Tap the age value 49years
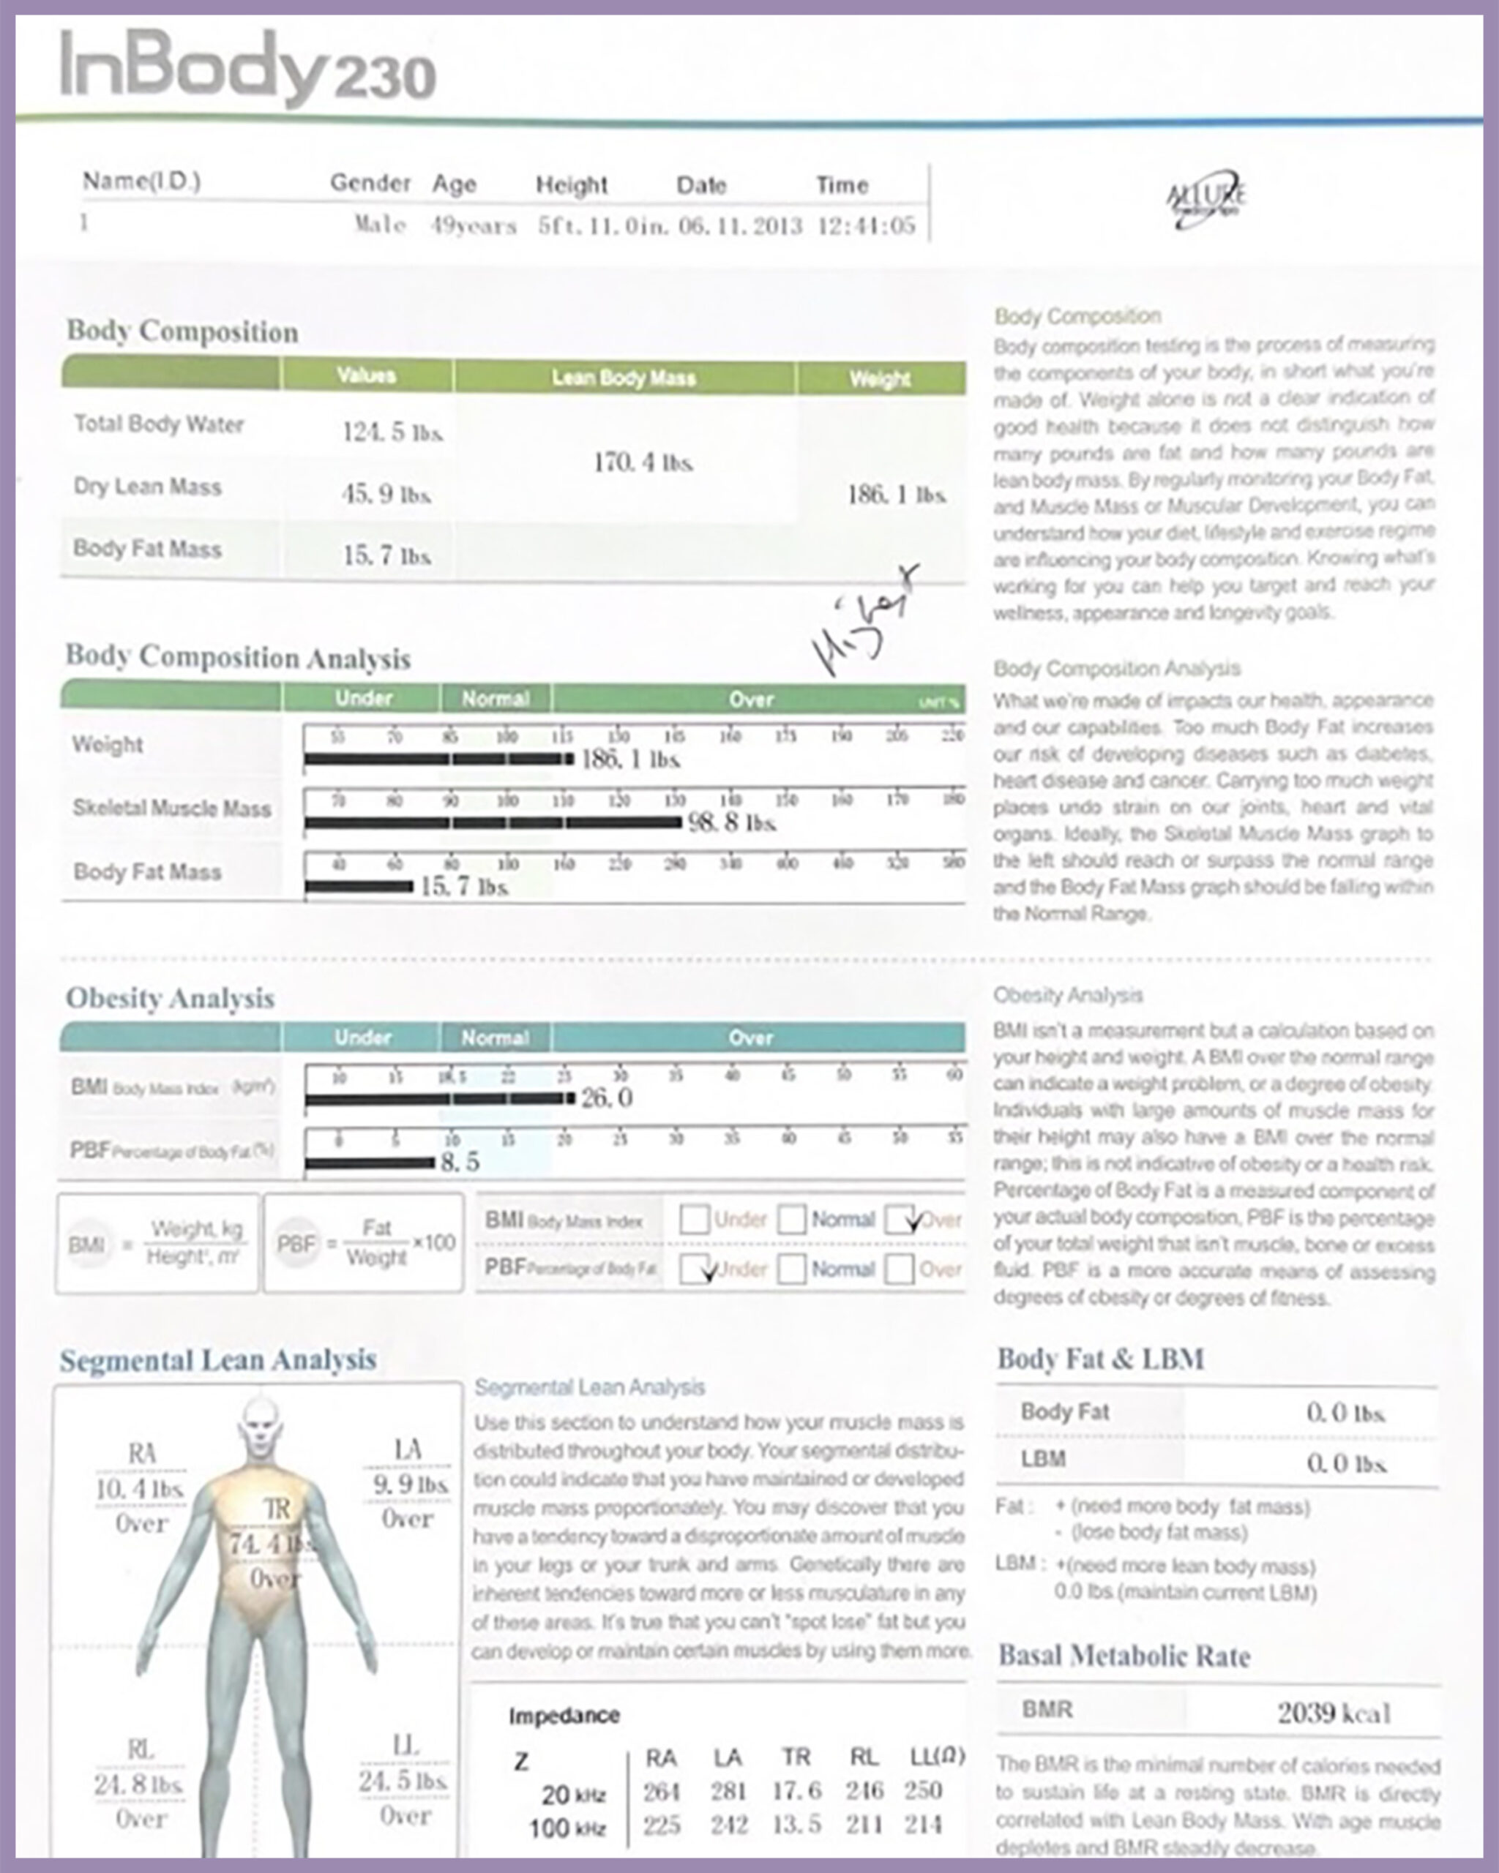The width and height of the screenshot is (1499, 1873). click(x=474, y=226)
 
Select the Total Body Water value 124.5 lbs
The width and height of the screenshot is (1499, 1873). click(x=393, y=432)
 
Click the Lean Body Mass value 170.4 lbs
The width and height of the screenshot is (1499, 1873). click(x=643, y=462)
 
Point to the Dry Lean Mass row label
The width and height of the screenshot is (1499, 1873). click(x=148, y=487)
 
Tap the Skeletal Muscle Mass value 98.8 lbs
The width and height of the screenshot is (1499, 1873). click(x=732, y=822)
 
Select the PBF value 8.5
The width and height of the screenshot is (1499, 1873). click(x=460, y=1163)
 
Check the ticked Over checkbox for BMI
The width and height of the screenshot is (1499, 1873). click(x=900, y=1220)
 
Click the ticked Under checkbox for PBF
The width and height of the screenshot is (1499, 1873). click(x=695, y=1269)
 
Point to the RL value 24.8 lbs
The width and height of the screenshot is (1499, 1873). click(x=139, y=1784)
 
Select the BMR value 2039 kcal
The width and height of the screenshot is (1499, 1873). click(x=1334, y=1714)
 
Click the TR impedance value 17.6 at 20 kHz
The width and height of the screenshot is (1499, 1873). click(x=796, y=1790)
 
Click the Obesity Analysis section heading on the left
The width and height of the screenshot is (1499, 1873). click(x=171, y=998)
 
